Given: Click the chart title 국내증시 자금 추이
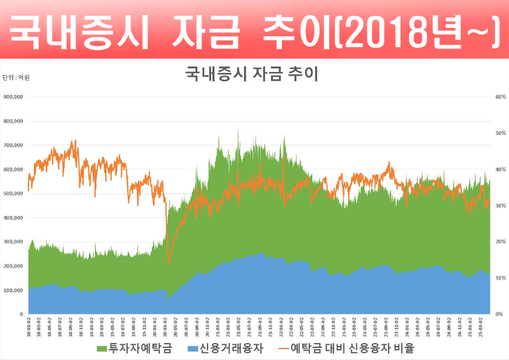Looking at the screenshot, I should [251, 74].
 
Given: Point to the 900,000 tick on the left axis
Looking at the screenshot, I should [13, 97].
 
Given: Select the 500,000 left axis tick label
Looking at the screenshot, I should [13, 194].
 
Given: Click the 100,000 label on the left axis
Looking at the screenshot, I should [13, 290].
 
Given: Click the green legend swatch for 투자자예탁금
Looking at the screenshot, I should [102, 349].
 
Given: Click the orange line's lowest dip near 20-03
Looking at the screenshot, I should [169, 262].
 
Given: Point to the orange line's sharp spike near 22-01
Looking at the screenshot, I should [283, 159].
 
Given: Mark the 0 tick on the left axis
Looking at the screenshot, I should [21, 315].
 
